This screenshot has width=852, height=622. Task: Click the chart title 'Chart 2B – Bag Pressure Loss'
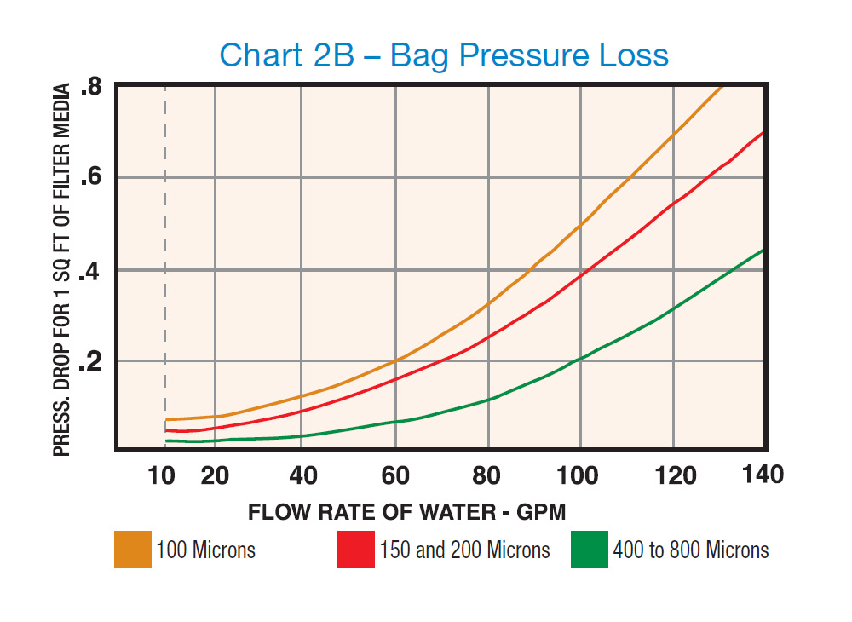[444, 55]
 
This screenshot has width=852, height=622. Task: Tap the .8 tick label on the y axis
[91, 88]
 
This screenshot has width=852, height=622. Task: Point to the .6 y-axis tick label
[91, 179]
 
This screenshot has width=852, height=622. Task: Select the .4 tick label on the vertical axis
[91, 272]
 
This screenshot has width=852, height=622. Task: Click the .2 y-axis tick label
[91, 363]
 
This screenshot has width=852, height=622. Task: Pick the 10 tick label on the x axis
[161, 475]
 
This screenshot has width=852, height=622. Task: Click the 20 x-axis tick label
[215, 475]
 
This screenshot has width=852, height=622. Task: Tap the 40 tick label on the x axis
[304, 475]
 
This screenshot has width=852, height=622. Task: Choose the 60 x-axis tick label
[396, 475]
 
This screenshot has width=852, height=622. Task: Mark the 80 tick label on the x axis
[487, 475]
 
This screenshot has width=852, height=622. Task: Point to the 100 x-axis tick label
[580, 475]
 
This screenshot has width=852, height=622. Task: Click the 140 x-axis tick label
[763, 475]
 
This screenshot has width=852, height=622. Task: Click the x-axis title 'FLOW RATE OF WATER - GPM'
[407, 512]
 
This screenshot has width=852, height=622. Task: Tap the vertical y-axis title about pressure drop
[62, 269]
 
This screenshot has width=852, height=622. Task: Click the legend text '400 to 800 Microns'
[691, 550]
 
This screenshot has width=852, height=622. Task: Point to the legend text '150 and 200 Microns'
[465, 550]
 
